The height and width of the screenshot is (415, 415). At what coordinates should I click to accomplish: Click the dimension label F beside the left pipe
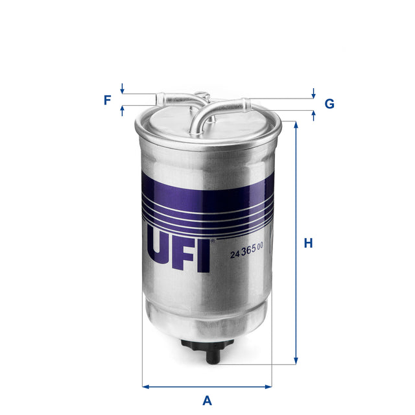pos(107,100)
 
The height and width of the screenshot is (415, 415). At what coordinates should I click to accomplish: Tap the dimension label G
pos(329,104)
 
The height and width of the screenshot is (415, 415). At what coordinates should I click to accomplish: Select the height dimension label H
pos(309,244)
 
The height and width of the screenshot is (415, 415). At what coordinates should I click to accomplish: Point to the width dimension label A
pos(207,400)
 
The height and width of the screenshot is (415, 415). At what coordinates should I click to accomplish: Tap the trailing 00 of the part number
pos(260,246)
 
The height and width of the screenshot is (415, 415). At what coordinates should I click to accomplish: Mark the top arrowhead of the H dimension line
pos(296,124)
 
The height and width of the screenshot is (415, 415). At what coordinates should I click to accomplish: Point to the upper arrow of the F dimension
pos(122,89)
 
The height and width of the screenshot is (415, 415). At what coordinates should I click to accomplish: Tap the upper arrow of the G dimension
pos(314,94)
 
